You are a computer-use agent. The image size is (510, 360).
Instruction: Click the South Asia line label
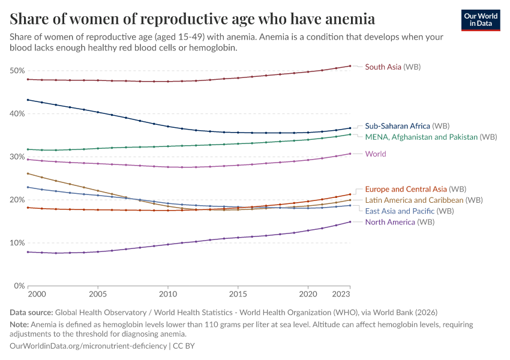392,67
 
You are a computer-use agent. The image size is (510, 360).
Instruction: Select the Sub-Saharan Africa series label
407,126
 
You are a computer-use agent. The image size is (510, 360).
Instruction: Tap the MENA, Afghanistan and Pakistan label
431,137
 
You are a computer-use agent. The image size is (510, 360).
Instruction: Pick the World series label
376,154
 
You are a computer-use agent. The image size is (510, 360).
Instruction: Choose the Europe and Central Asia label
416,189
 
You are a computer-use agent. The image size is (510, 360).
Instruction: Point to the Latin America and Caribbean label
424,200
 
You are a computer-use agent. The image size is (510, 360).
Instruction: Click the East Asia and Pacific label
409,211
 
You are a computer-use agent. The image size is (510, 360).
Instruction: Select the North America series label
400,222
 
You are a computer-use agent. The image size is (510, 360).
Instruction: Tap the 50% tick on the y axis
17,71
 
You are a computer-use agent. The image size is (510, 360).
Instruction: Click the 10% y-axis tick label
17,243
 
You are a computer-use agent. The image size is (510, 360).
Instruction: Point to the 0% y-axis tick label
19,286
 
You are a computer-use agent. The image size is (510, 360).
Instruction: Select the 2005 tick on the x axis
98,295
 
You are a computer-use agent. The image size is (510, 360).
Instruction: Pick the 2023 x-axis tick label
341,295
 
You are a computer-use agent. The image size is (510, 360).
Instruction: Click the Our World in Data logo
481,20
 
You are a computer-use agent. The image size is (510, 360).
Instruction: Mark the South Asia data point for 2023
350,66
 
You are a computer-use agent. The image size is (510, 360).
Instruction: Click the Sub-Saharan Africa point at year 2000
28,100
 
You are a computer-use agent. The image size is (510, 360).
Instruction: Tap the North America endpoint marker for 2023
350,222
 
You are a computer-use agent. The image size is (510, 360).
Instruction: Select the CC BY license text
184,346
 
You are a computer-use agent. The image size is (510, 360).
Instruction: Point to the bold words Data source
31,313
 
